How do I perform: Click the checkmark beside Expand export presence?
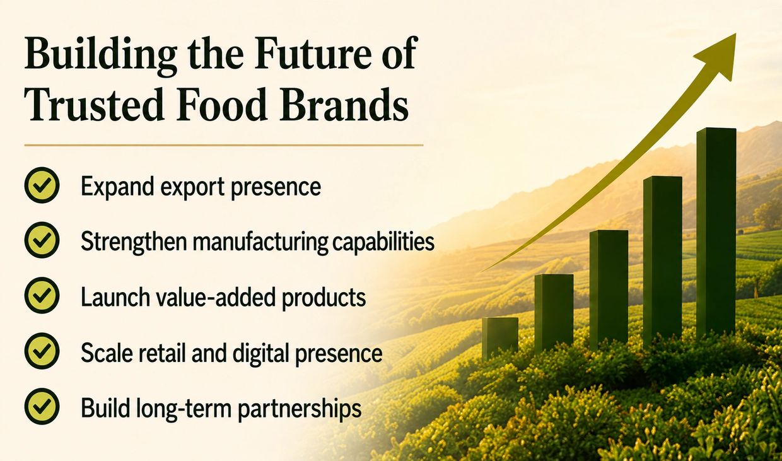point(42,185)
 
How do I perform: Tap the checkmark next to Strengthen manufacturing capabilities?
point(42,240)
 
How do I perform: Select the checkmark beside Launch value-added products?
point(42,296)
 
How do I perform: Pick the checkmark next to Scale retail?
point(42,351)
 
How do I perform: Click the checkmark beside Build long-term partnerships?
point(42,407)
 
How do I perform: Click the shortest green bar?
point(500,339)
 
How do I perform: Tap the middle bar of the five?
point(609,289)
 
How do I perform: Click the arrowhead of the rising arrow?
point(719,56)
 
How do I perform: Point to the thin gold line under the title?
point(224,145)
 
